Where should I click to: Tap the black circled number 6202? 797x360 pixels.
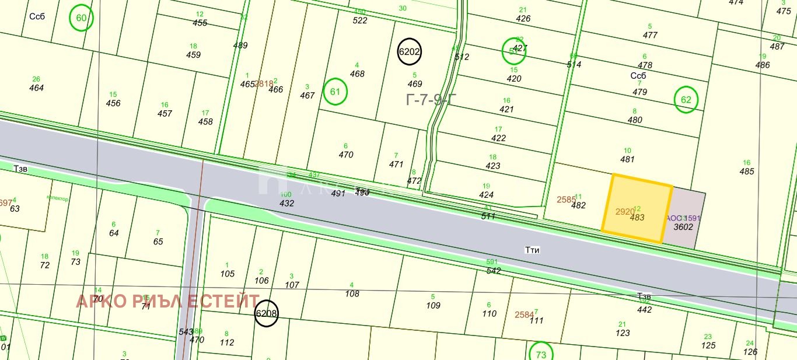click(409, 51)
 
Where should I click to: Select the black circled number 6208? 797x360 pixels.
click(266, 313)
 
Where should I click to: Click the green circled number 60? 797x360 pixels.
click(81, 18)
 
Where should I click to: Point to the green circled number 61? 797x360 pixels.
click(335, 92)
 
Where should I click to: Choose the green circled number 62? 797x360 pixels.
click(686, 100)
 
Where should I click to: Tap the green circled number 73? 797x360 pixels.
click(541, 354)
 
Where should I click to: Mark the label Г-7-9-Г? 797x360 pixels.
click(431, 100)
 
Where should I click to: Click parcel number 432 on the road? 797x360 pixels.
click(286, 204)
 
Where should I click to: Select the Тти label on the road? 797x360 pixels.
click(532, 250)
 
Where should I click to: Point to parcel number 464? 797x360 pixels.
click(37, 88)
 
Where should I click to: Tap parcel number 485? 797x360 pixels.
click(747, 172)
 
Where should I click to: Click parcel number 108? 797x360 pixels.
click(352, 294)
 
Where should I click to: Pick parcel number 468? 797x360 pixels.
click(357, 74)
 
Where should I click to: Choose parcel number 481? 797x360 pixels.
click(627, 159)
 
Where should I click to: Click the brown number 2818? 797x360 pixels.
click(264, 84)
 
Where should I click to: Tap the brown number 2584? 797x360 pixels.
click(524, 315)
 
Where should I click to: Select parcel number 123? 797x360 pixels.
click(623, 333)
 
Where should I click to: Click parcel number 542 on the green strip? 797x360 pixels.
click(494, 271)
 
